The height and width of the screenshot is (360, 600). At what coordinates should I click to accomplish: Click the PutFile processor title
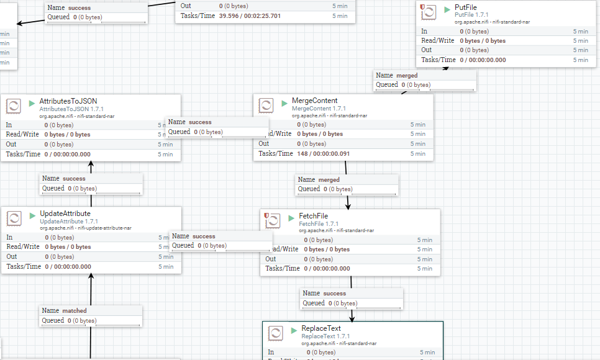[466, 7]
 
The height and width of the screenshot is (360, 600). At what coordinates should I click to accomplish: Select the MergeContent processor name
[315, 101]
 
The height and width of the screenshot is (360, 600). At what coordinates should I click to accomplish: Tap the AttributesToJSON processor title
[68, 101]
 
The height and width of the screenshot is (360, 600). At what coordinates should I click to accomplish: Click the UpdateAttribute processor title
[65, 214]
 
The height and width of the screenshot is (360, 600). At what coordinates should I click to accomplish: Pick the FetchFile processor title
[314, 216]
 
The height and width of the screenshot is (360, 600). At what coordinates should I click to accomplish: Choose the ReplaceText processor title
[321, 328]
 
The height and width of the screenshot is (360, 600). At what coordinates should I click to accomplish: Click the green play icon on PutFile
[447, 9]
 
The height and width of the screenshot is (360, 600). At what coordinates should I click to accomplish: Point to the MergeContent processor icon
[266, 106]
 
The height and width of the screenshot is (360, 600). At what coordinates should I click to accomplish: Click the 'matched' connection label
[74, 310]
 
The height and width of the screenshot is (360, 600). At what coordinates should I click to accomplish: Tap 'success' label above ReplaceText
[334, 293]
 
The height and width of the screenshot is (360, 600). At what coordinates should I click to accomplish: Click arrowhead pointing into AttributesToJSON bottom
[91, 166]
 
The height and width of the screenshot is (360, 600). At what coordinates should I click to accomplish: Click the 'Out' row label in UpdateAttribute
[12, 256]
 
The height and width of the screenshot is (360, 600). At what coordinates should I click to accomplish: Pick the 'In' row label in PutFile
[424, 31]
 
